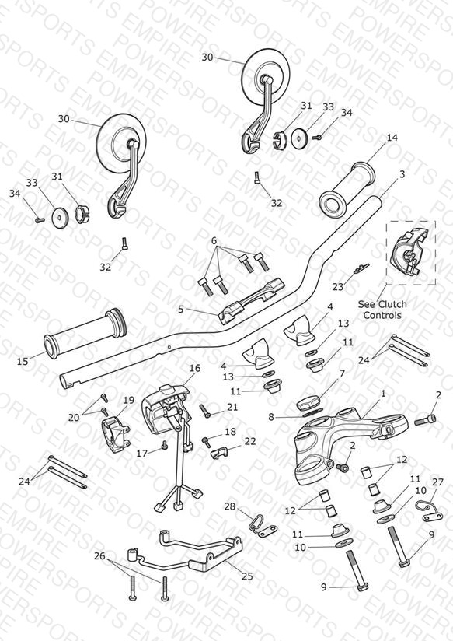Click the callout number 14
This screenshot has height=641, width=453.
pos(392,138)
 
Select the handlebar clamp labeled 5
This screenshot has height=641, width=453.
pos(251,302)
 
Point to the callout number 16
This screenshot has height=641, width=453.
pos(195,368)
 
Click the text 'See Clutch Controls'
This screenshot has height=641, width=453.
pos(382,310)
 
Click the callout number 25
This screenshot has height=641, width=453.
pos(247,576)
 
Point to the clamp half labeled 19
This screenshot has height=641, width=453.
pos(116,433)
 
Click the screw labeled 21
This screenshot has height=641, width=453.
pos(204,410)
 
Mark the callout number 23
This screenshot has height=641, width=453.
pos(337,287)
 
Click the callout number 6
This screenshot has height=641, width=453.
pos(214,241)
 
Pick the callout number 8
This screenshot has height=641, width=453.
pos(271,417)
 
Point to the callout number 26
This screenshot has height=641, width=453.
pos(99,556)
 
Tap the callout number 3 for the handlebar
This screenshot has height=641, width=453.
pos(402,174)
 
